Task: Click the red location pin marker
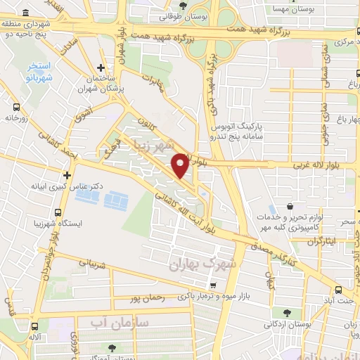tap(180, 165)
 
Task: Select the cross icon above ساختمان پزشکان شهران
tap(102, 69)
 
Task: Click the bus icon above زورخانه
tap(16, 108)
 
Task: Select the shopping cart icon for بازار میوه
tap(222, 285)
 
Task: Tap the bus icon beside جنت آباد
tap(339, 290)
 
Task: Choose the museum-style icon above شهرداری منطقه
tap(26, 14)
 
